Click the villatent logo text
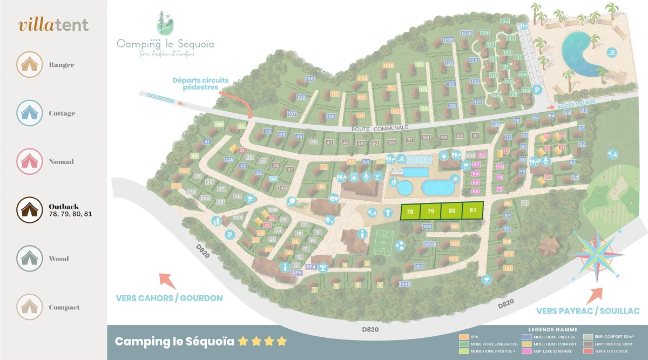(x=53, y=25)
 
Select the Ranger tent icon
(x=29, y=65)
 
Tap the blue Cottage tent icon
(x=29, y=113)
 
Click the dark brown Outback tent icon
(x=29, y=210)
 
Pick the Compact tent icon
(x=29, y=307)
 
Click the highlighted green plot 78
(x=410, y=212)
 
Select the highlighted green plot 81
(x=473, y=210)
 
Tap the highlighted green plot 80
(x=452, y=210)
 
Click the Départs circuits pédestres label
(x=200, y=84)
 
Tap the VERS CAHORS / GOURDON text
(x=169, y=298)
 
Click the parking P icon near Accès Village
(x=537, y=91)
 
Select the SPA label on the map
(x=311, y=267)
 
